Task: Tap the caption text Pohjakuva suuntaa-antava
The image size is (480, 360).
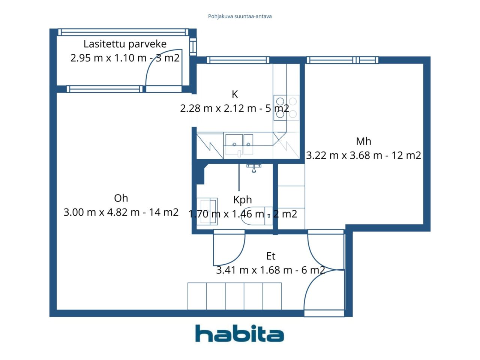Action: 240,16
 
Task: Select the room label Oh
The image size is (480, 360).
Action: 121,198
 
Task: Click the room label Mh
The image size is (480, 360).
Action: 363,141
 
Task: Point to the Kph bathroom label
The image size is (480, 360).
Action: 243,200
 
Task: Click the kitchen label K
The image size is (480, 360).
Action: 235,94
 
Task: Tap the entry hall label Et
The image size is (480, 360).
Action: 271,256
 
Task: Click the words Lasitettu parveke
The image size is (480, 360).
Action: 125,44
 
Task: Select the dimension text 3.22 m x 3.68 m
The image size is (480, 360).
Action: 344,155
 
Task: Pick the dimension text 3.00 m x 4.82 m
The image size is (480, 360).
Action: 102,212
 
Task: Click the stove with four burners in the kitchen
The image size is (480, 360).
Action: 286,108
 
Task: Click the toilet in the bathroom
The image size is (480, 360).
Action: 257,216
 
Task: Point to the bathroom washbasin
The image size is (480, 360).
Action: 207,211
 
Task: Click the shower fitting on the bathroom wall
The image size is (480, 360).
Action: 253,168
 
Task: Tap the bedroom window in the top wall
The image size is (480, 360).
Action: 342,60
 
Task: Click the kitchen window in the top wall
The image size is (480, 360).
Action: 238,60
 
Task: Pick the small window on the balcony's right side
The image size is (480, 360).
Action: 193,46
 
